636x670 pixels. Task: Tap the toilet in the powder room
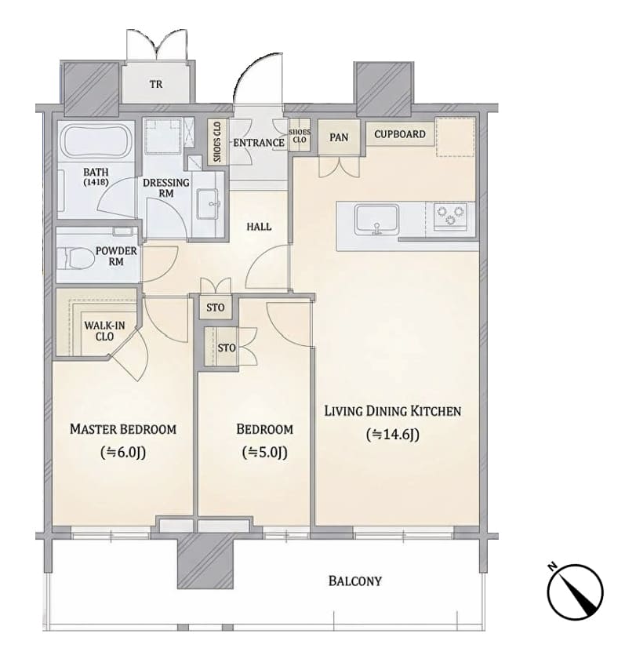pyautogui.click(x=75, y=258)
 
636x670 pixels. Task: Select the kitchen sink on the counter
pyautogui.click(x=376, y=220)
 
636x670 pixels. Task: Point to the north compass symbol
pyautogui.click(x=575, y=591)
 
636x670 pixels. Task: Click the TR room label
pyautogui.click(x=156, y=84)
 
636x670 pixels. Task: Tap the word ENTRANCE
pyautogui.click(x=259, y=143)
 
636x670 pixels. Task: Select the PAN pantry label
pyautogui.click(x=339, y=137)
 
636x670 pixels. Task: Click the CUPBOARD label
pyautogui.click(x=400, y=134)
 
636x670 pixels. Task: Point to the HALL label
pyautogui.click(x=259, y=227)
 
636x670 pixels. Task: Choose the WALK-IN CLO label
pyautogui.click(x=104, y=331)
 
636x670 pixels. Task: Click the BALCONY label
pyautogui.click(x=355, y=581)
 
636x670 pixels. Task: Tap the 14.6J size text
pyautogui.click(x=393, y=435)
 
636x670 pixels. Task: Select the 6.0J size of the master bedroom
pyautogui.click(x=123, y=452)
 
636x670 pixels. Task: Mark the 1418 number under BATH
pyautogui.click(x=96, y=182)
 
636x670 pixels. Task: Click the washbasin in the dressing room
pyautogui.click(x=208, y=203)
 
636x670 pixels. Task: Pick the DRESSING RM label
pyautogui.click(x=166, y=188)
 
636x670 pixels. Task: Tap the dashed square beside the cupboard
pyautogui.click(x=456, y=137)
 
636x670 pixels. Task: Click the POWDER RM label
pyautogui.click(x=116, y=256)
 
